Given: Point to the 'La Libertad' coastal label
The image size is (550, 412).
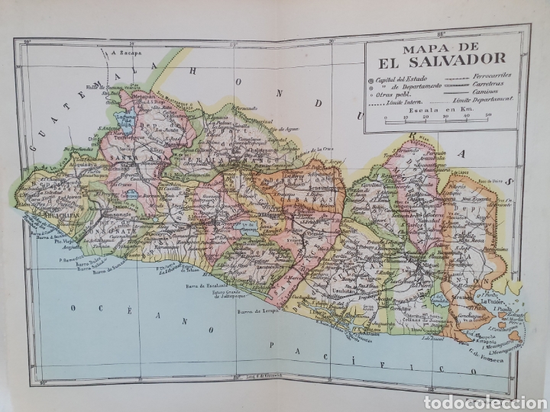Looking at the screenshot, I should pyautogui.click(x=177, y=269).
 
